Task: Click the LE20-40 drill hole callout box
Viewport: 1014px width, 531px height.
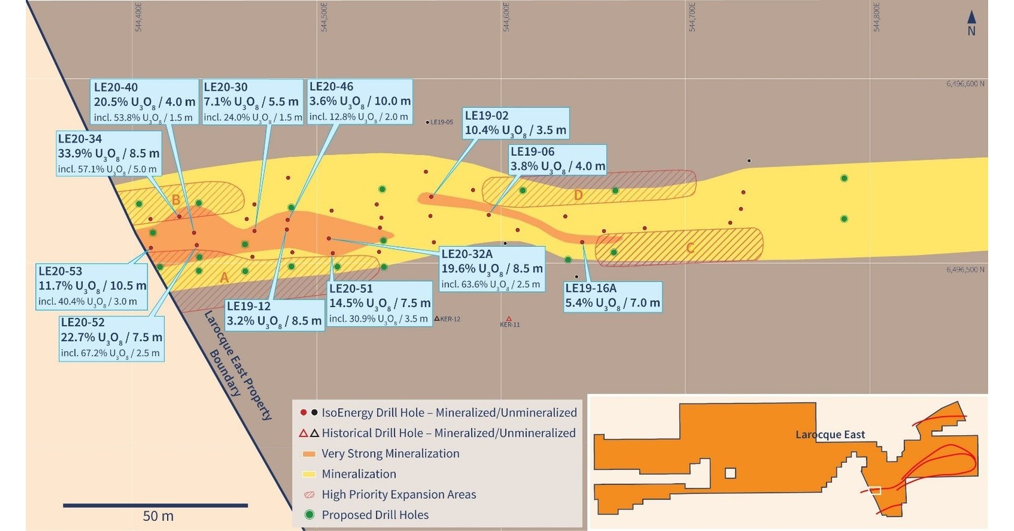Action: [x=144, y=102]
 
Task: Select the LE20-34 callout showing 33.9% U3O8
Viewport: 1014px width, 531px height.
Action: [x=108, y=153]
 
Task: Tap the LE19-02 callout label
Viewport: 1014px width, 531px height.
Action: [x=515, y=123]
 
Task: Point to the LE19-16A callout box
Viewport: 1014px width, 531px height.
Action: [x=612, y=296]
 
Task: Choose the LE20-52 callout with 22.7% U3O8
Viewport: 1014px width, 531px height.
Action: [x=111, y=337]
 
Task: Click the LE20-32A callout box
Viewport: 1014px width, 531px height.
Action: [x=491, y=269]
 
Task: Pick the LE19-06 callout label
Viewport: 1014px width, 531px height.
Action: [x=557, y=160]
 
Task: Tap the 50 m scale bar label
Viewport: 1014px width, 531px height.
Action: [x=158, y=516]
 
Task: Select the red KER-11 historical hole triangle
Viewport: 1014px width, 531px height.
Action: [x=509, y=319]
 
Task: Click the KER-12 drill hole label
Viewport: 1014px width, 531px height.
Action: [x=450, y=319]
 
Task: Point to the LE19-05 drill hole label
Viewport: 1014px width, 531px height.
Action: [x=441, y=122]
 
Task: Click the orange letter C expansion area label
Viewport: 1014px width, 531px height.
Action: [x=691, y=247]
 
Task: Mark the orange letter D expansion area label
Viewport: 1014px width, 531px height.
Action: [x=578, y=195]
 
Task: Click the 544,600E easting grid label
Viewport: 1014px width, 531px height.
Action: [x=506, y=17]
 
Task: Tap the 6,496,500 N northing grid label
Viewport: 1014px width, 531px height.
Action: [x=965, y=269]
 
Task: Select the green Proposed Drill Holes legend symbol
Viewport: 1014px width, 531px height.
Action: [x=309, y=515]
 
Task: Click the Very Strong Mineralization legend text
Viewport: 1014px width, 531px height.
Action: [x=390, y=453]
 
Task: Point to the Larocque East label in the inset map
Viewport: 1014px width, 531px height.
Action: [x=830, y=435]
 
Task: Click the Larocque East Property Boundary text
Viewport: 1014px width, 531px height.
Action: [x=236, y=363]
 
